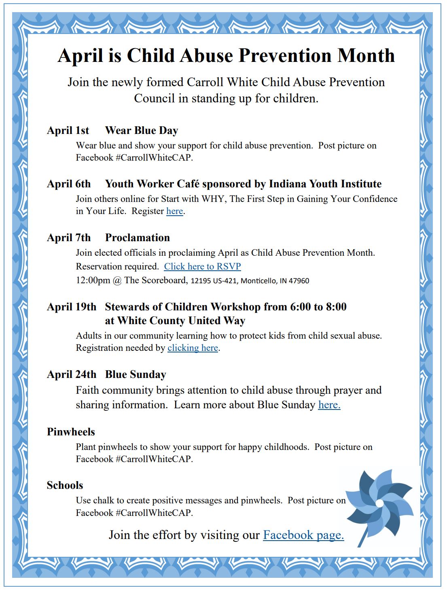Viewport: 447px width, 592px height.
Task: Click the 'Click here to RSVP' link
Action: click(202, 266)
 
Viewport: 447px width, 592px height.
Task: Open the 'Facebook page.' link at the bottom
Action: click(303, 535)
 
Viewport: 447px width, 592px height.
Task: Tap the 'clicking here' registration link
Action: click(193, 348)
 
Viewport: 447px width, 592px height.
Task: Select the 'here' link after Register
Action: click(174, 211)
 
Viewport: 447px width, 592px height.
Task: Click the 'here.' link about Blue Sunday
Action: click(329, 405)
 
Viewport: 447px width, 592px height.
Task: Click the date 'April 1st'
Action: click(68, 130)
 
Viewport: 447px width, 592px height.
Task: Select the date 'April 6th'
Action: click(69, 184)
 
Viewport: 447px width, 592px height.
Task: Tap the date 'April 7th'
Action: click(69, 238)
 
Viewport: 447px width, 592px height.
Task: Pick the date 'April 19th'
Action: click(72, 307)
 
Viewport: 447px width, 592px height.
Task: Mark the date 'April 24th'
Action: click(72, 374)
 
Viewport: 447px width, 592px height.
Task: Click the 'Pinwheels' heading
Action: click(71, 432)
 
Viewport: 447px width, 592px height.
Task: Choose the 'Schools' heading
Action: click(65, 485)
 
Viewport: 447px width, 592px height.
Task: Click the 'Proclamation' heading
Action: click(138, 238)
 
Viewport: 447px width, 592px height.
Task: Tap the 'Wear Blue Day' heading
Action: click(142, 130)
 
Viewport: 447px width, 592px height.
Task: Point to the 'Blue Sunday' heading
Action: click(136, 374)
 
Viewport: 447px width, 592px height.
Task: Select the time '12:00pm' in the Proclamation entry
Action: click(93, 280)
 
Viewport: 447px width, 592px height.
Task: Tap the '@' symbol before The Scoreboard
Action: click(117, 280)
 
